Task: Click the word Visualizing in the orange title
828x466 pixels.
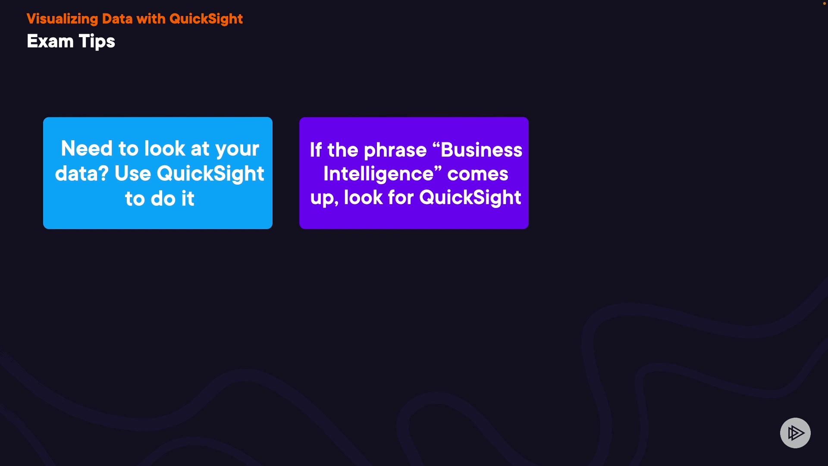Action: [x=63, y=19]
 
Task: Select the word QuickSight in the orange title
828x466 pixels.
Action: [x=206, y=19]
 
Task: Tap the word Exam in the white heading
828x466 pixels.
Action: [x=50, y=41]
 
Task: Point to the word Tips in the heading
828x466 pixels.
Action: [x=97, y=42]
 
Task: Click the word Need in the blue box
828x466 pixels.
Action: [x=87, y=148]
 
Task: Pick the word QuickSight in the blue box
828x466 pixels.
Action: [x=210, y=174]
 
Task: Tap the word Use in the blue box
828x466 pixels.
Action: [x=133, y=173]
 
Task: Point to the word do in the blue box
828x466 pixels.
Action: [x=163, y=198]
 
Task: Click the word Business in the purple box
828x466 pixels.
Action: [x=481, y=150]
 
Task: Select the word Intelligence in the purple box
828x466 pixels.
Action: [x=378, y=174]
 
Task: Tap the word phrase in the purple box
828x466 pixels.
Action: [x=395, y=151]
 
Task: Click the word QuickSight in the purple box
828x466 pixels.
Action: [x=470, y=198]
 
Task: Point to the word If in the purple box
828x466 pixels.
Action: [x=316, y=150]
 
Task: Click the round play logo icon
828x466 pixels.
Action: [x=795, y=433]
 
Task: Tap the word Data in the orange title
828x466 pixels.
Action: [x=117, y=19]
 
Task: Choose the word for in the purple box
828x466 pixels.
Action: [x=401, y=198]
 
